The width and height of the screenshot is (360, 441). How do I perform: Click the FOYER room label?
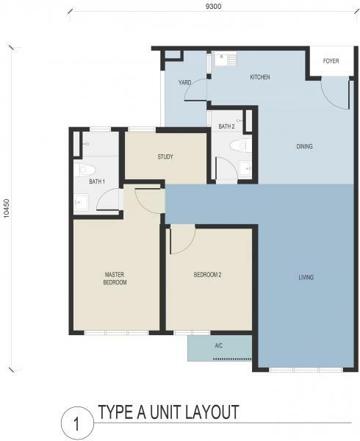(331, 61)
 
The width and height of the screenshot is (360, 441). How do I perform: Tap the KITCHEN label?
(260, 77)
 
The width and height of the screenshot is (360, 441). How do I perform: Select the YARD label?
(184, 82)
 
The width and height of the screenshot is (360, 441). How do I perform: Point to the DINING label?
(304, 146)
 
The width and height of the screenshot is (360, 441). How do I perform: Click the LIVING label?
(306, 278)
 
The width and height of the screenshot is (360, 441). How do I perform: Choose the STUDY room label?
(165, 157)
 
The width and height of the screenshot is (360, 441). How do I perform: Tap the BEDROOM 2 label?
(207, 274)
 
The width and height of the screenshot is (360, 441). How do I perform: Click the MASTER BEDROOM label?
(115, 279)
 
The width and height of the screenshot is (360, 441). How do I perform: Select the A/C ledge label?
(219, 345)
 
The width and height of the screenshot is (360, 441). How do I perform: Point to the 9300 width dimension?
(213, 6)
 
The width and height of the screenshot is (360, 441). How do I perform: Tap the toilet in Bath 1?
(87, 170)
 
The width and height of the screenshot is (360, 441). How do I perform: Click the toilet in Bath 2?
(241, 146)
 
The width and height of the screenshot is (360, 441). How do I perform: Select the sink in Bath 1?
(82, 201)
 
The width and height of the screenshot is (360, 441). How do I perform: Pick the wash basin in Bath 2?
(245, 168)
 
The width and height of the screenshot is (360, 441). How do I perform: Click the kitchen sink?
(222, 59)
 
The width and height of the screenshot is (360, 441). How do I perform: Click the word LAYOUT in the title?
(208, 412)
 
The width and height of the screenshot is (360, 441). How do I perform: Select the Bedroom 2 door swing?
(183, 240)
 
